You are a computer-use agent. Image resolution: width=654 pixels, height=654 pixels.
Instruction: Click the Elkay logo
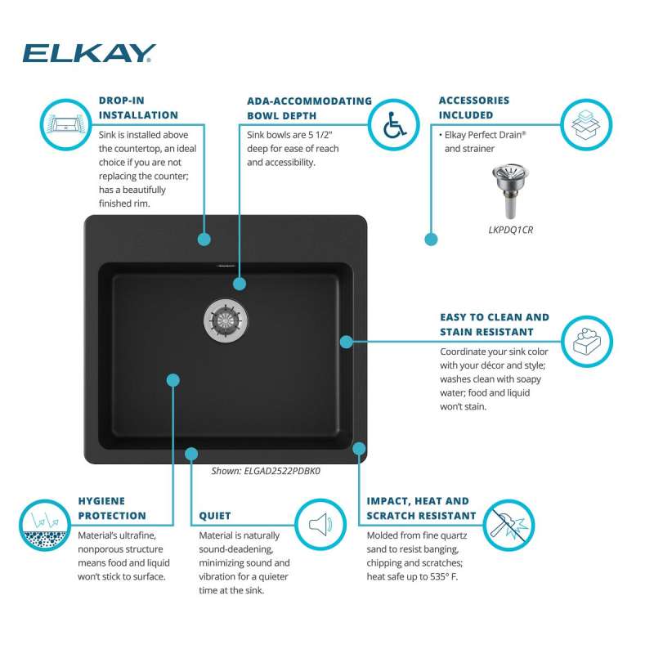pos(89,53)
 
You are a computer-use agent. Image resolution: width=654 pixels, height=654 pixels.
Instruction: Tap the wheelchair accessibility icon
pos(394,124)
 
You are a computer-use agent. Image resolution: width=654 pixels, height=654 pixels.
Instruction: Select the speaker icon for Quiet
pos(320,524)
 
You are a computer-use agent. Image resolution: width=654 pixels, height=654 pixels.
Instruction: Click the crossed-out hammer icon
pos(508,525)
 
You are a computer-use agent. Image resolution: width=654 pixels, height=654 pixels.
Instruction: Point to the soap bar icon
pos(586,341)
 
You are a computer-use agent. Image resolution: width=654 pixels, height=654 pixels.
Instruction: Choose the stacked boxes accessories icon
pos(586,124)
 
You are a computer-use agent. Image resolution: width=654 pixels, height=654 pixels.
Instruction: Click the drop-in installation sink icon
pos(66,124)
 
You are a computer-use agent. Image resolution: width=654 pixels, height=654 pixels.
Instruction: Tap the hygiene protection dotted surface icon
pos(45,525)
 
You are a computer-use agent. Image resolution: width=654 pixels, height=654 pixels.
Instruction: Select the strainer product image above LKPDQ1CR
pos(510,190)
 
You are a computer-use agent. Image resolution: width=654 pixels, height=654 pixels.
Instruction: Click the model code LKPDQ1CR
pos(510,230)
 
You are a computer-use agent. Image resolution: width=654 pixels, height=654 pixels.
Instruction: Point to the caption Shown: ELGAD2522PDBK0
pos(266,471)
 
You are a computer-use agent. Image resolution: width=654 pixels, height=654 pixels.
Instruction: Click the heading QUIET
pos(215,516)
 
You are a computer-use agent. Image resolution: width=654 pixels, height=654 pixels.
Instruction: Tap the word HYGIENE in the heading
pos(101,501)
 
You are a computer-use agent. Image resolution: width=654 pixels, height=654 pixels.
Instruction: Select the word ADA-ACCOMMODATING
pos(309,101)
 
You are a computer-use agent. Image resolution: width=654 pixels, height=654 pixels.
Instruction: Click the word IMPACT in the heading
pos(387,501)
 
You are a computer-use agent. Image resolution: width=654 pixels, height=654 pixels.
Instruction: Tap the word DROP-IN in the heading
pos(121,101)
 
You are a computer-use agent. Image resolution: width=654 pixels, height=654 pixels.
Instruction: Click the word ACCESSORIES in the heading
pos(474,101)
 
